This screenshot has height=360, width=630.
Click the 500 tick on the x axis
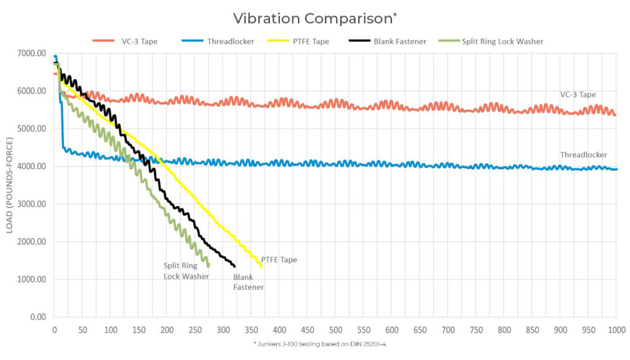click(x=336, y=330)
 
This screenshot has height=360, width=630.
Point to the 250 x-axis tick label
click(x=195, y=330)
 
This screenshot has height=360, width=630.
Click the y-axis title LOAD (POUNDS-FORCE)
click(x=10, y=185)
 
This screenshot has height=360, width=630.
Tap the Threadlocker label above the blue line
click(x=583, y=155)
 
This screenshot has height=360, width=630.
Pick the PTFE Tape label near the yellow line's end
click(x=279, y=260)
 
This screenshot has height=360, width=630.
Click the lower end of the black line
click(x=234, y=266)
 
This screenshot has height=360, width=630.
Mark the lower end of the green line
click(x=209, y=265)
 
